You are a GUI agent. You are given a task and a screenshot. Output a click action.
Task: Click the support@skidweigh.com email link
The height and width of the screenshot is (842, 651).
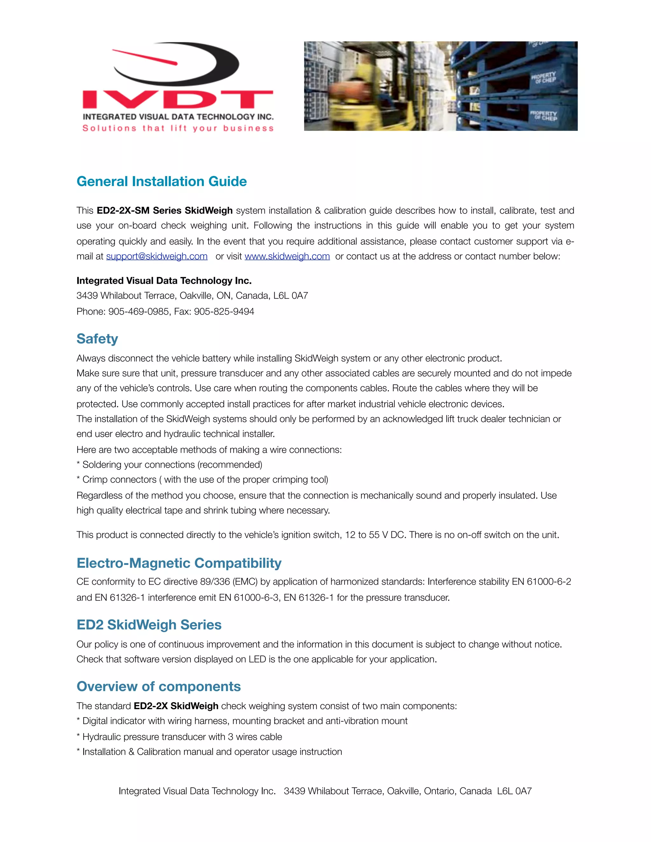point(157,256)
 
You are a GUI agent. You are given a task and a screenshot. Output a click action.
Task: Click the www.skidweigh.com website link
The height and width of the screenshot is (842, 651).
point(287,256)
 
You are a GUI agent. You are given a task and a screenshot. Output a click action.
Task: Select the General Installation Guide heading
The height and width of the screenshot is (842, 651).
point(161,181)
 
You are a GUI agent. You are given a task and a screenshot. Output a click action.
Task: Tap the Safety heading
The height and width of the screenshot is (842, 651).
point(97,339)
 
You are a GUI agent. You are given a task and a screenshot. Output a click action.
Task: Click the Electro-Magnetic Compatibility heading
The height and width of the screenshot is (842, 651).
point(179,563)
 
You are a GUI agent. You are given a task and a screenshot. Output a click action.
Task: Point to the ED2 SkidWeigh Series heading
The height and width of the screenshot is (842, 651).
point(149,625)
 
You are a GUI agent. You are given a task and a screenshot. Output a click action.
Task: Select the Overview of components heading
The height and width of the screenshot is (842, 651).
point(159,687)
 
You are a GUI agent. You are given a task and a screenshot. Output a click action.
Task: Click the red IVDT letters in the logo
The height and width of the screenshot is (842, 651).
point(178,99)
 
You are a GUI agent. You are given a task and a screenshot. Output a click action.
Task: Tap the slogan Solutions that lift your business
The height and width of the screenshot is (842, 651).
point(178,128)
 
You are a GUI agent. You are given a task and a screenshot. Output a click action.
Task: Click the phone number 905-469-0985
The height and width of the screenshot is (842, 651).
point(138,311)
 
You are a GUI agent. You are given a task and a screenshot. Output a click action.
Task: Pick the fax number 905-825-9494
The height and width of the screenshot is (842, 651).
point(224,311)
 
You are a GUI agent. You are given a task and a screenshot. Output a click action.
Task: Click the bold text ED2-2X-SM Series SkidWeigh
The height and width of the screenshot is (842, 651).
point(165,210)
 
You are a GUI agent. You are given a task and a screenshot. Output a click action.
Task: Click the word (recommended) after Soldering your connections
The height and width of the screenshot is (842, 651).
point(230,465)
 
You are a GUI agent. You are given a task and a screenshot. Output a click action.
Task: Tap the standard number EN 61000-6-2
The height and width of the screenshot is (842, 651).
point(541,582)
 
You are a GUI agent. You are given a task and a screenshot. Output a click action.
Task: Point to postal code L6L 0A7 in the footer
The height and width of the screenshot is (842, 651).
point(514,791)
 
